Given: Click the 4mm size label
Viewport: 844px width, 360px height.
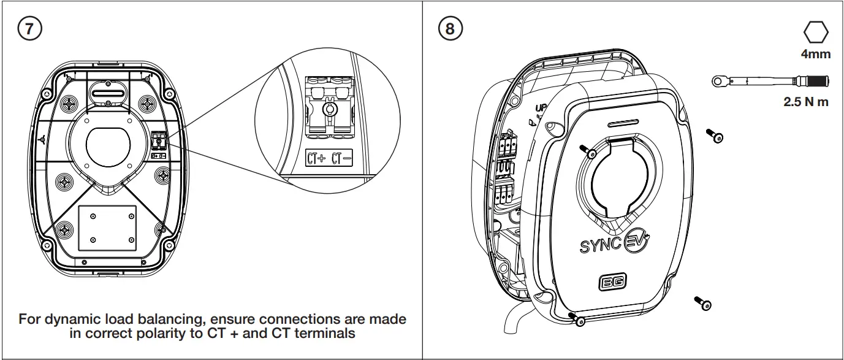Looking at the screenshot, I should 815,54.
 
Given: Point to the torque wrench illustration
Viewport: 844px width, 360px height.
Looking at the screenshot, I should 770,81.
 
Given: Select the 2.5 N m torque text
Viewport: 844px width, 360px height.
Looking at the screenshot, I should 805,102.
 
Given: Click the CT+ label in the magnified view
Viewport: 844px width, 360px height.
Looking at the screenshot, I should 316,159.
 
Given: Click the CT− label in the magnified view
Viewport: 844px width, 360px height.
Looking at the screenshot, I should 341,159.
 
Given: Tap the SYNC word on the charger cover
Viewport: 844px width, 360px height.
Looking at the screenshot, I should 600,246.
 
